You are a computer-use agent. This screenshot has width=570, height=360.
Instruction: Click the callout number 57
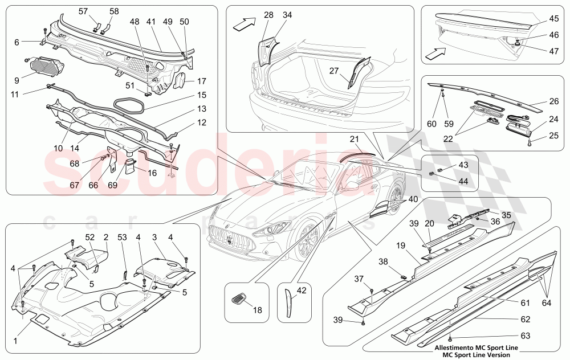(83, 11)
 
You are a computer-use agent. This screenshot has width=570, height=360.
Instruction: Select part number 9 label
(16, 80)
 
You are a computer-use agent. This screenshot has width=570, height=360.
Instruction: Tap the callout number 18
(257, 310)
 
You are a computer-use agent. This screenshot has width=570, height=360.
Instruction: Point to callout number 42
(302, 290)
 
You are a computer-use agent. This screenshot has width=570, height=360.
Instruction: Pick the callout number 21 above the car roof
(353, 140)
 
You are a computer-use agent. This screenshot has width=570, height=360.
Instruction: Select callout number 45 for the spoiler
(553, 18)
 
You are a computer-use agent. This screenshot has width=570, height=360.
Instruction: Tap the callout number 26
(553, 103)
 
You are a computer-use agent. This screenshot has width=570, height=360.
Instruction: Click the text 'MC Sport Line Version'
(473, 354)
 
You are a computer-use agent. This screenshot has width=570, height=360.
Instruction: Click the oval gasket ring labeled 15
(130, 104)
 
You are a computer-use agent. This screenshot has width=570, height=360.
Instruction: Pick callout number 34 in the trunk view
(287, 15)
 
